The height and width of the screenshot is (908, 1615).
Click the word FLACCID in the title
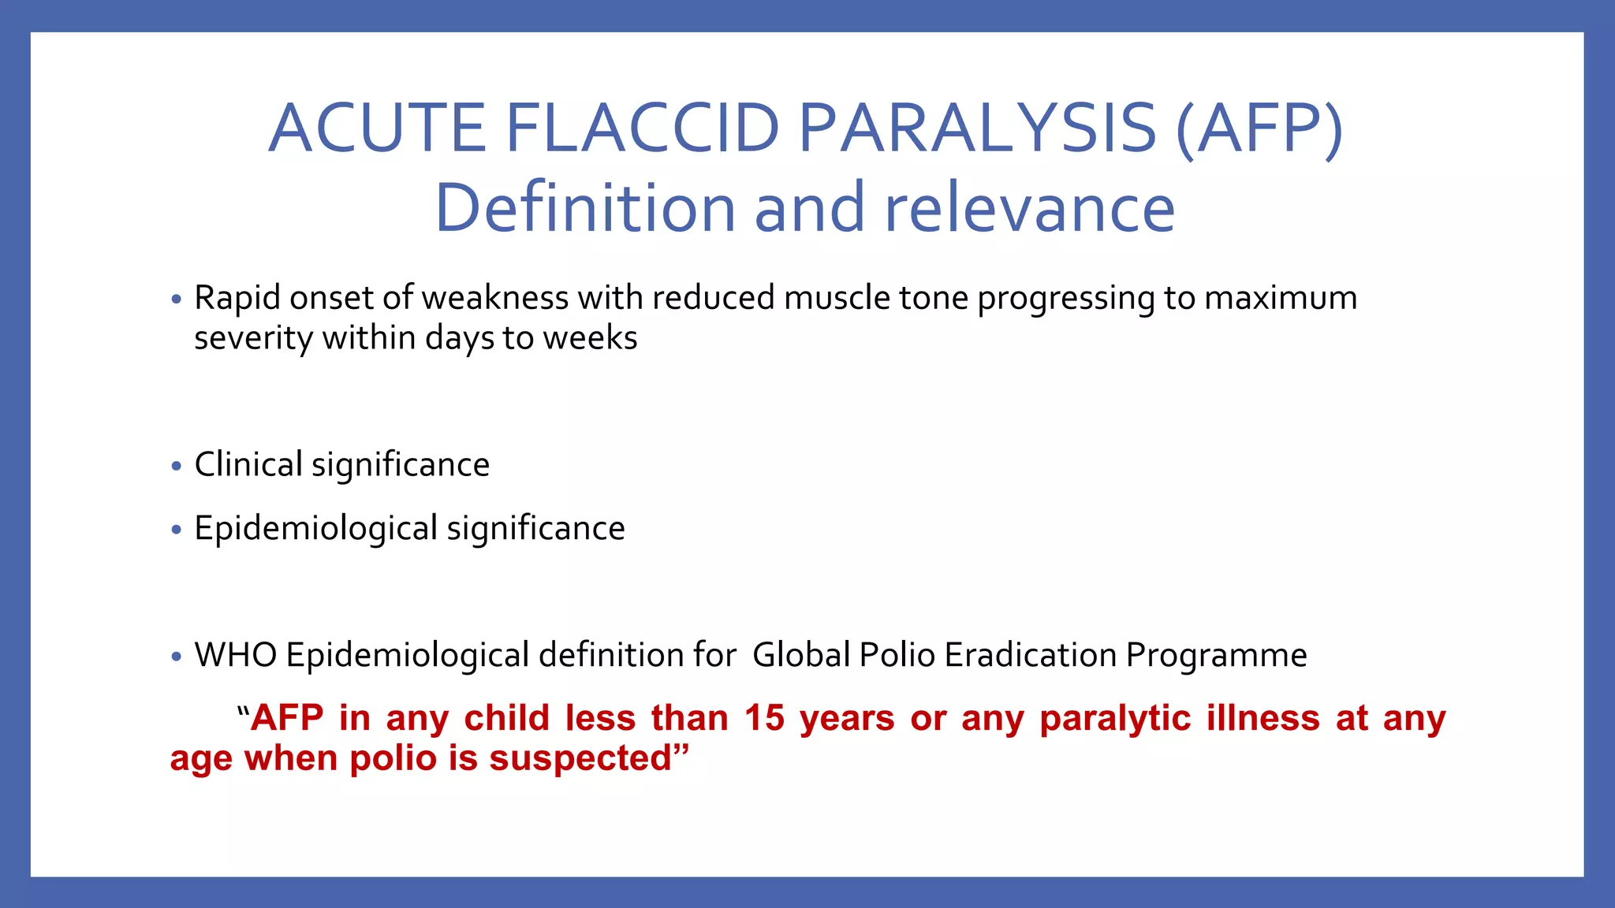[x=642, y=128]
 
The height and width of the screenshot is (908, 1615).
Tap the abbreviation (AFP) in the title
[x=1259, y=128]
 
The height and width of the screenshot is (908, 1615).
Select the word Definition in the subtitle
[x=584, y=208]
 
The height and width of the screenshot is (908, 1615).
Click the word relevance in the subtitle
[x=1029, y=208]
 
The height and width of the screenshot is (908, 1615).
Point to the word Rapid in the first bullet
[x=237, y=298]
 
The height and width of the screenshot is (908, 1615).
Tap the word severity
[x=253, y=338]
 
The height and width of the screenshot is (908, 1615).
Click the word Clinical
[x=248, y=464]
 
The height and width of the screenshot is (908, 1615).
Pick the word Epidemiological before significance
[x=315, y=528]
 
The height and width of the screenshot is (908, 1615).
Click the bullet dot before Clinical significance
[x=176, y=467]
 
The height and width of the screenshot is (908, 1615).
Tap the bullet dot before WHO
[x=176, y=657]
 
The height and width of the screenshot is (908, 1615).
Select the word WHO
[x=235, y=655]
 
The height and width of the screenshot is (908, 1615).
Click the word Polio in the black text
[x=897, y=655]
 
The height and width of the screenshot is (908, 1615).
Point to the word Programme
[x=1216, y=655]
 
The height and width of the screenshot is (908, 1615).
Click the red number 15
[x=764, y=718]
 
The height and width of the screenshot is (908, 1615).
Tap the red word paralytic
[x=1114, y=718]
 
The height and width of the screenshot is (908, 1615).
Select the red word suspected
[x=580, y=758]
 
